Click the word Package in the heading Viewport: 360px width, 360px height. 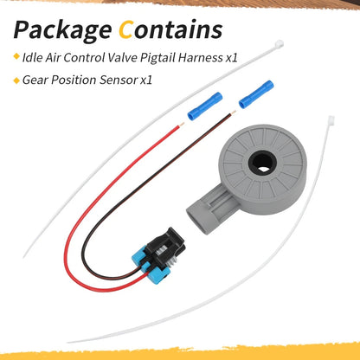62,31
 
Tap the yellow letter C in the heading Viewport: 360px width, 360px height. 125,29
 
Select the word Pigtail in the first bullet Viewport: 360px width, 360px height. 157,58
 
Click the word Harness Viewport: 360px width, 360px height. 200,58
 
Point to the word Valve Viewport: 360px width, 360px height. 122,58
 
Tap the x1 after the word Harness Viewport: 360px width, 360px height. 231,58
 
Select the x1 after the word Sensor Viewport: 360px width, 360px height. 146,80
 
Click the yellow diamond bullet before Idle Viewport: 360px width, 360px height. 16,56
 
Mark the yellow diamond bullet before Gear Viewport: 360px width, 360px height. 16,80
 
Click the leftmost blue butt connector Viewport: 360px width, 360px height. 205,106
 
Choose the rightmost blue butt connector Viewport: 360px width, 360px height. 256,94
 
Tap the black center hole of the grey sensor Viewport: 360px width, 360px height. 262,163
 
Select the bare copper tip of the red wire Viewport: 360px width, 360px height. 182,125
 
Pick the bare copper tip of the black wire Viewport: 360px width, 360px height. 234,112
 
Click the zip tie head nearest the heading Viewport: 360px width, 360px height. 279,45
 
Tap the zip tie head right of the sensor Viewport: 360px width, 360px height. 331,119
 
